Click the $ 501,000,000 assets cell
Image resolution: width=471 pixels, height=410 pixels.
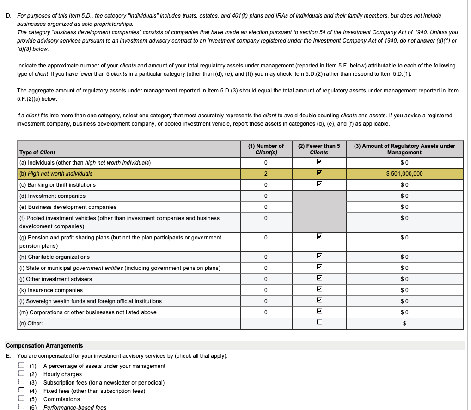tap(404, 174)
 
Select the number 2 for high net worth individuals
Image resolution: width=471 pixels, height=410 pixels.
tap(266, 174)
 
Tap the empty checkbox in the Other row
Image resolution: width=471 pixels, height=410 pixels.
tap(319, 323)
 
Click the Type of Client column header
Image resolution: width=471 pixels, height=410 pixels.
tap(37, 153)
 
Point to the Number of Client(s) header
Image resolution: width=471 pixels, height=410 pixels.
tap(266, 149)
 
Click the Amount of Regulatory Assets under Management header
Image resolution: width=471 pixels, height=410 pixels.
tap(404, 149)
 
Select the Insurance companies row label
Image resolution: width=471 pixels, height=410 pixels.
tap(51, 290)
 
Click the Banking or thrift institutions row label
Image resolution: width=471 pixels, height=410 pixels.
tap(57, 185)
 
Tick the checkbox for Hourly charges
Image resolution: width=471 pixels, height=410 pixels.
tap(21, 374)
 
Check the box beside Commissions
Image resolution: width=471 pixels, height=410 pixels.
tap(21, 399)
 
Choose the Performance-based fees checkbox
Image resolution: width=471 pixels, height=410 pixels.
tap(21, 407)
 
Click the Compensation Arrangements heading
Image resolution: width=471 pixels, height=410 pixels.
tap(44, 346)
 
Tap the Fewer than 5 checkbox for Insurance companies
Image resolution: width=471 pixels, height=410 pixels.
tap(319, 290)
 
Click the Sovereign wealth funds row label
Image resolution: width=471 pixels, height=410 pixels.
tap(90, 301)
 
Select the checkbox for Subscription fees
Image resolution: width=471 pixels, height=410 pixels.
tap(21, 382)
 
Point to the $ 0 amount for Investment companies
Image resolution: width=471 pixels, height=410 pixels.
tap(404, 196)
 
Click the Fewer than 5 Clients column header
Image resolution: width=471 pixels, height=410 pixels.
tap(319, 149)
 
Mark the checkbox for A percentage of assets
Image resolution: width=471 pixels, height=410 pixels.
tap(21, 366)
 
